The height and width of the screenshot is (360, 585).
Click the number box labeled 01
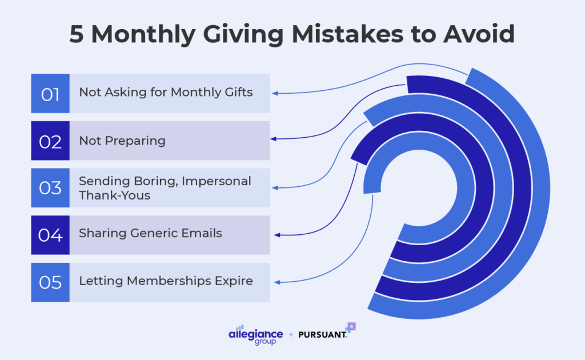click(50, 93)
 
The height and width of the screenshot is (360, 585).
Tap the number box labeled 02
click(50, 141)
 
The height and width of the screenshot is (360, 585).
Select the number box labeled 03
click(50, 187)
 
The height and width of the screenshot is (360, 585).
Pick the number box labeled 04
click(50, 235)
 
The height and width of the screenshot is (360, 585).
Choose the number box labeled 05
click(50, 282)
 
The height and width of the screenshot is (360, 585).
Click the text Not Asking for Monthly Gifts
click(166, 92)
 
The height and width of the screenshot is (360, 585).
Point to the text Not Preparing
click(122, 141)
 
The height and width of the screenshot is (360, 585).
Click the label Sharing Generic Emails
click(150, 233)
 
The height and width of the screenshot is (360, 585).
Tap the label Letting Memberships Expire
click(166, 281)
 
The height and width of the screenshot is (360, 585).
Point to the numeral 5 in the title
click(77, 35)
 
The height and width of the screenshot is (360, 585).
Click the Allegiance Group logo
click(255, 334)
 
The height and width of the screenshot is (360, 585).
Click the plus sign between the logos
click(291, 334)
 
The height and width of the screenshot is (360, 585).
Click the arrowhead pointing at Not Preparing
click(274, 139)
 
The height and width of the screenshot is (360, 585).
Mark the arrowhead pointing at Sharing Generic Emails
click(277, 235)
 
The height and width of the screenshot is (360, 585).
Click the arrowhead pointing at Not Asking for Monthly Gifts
click(274, 93)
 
